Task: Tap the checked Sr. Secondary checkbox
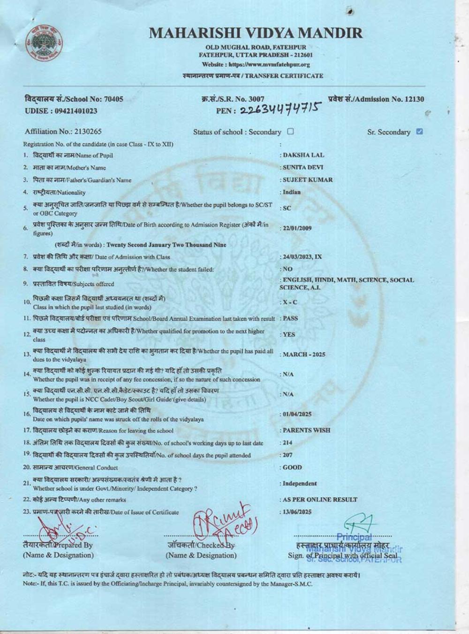pyautogui.click(x=419, y=131)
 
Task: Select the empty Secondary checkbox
pyautogui.click(x=290, y=131)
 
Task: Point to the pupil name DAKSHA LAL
pyautogui.click(x=303, y=155)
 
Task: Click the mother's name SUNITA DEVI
pyautogui.click(x=303, y=167)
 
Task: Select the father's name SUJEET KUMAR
pyautogui.click(x=308, y=180)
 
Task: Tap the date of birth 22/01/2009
pyautogui.click(x=297, y=228)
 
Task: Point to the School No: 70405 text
pyautogui.click(x=74, y=99)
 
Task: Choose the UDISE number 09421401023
pyautogui.click(x=61, y=111)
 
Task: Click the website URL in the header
pyautogui.click(x=256, y=64)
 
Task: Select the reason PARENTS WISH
pyautogui.click(x=306, y=430)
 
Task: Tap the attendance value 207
pyautogui.click(x=287, y=455)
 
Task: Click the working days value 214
pyautogui.click(x=287, y=443)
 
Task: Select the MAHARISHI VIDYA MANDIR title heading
pyautogui.click(x=256, y=33)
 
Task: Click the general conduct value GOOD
pyautogui.click(x=292, y=468)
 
